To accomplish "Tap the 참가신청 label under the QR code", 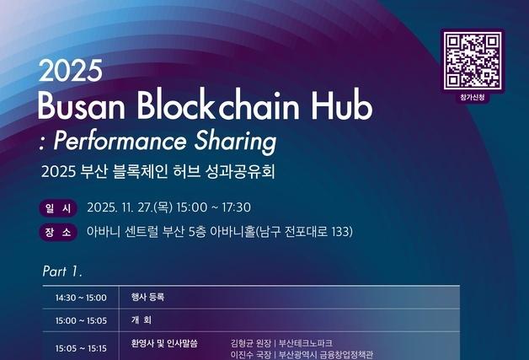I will coord(473,99).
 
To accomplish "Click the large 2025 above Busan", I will coord(70,71).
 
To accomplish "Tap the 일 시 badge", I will coord(57,207).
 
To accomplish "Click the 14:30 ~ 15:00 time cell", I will coord(81,298).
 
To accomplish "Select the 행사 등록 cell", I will coord(147,298).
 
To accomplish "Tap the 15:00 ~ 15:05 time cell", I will coord(81,320).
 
